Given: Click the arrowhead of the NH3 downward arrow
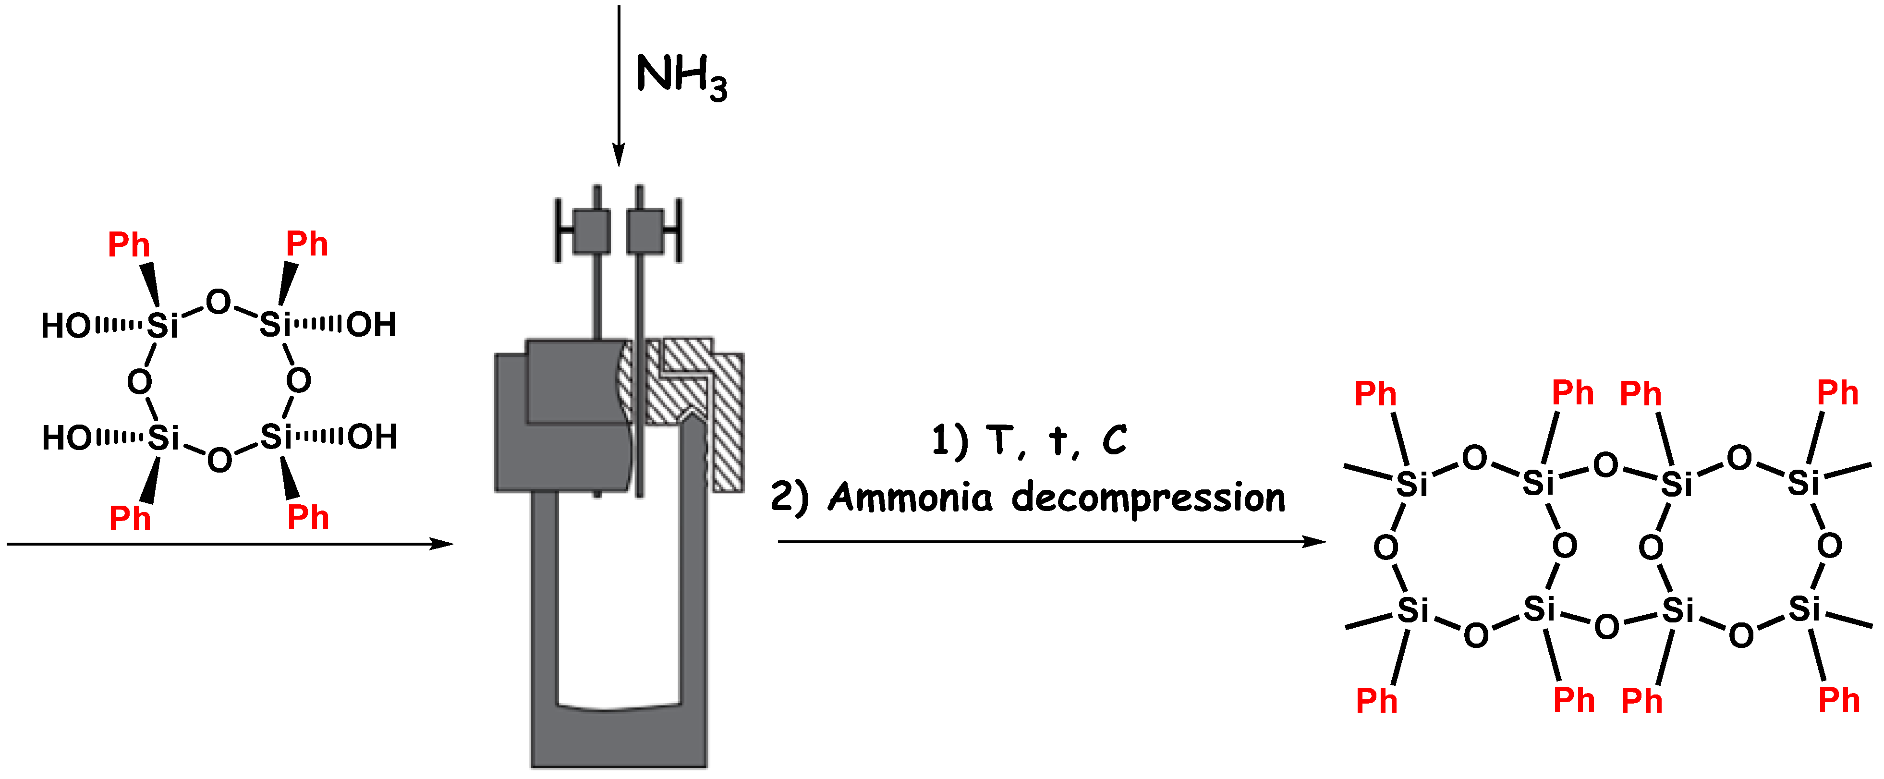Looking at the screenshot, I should (619, 155).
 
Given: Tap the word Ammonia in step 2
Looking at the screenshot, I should (911, 498).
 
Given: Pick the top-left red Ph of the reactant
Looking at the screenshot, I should (129, 244).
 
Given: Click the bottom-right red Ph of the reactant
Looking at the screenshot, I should (308, 517).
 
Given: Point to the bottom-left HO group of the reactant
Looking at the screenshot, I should (67, 438).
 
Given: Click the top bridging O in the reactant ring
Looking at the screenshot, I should (218, 301).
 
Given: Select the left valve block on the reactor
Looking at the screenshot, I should (591, 231).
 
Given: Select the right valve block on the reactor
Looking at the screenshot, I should (645, 231).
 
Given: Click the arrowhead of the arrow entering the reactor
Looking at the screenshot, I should (442, 544).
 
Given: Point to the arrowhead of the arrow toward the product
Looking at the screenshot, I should (1315, 541).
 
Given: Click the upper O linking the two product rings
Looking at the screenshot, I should (1605, 464).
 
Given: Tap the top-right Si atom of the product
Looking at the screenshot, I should (1803, 483).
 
